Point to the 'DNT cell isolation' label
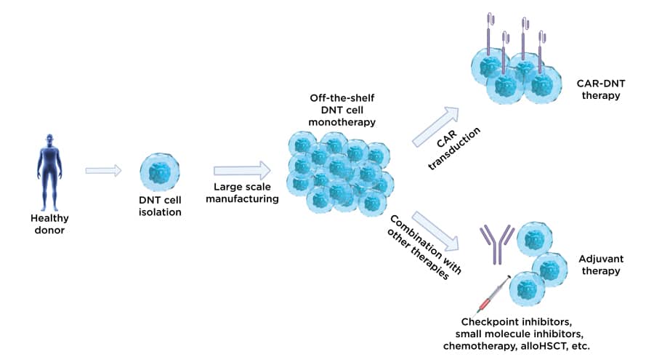pyautogui.click(x=162, y=207)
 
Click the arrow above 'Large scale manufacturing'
pyautogui.click(x=240, y=171)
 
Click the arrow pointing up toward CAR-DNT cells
pyautogui.click(x=437, y=124)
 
